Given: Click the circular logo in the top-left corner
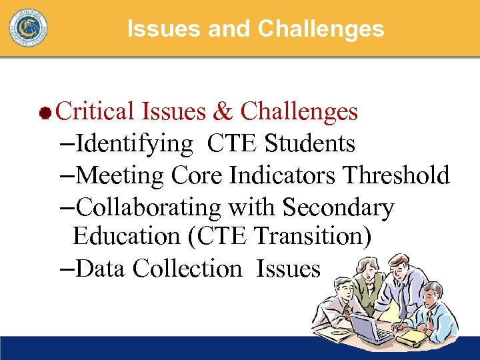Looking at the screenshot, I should [28, 28].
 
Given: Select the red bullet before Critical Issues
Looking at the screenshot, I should [45, 113].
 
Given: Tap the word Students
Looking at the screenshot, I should [310, 143].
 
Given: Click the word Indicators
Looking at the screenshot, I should [283, 175].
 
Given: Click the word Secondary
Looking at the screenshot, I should [338, 207].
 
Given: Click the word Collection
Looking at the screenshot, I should [187, 269].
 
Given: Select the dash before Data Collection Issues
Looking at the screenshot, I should [67, 269].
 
